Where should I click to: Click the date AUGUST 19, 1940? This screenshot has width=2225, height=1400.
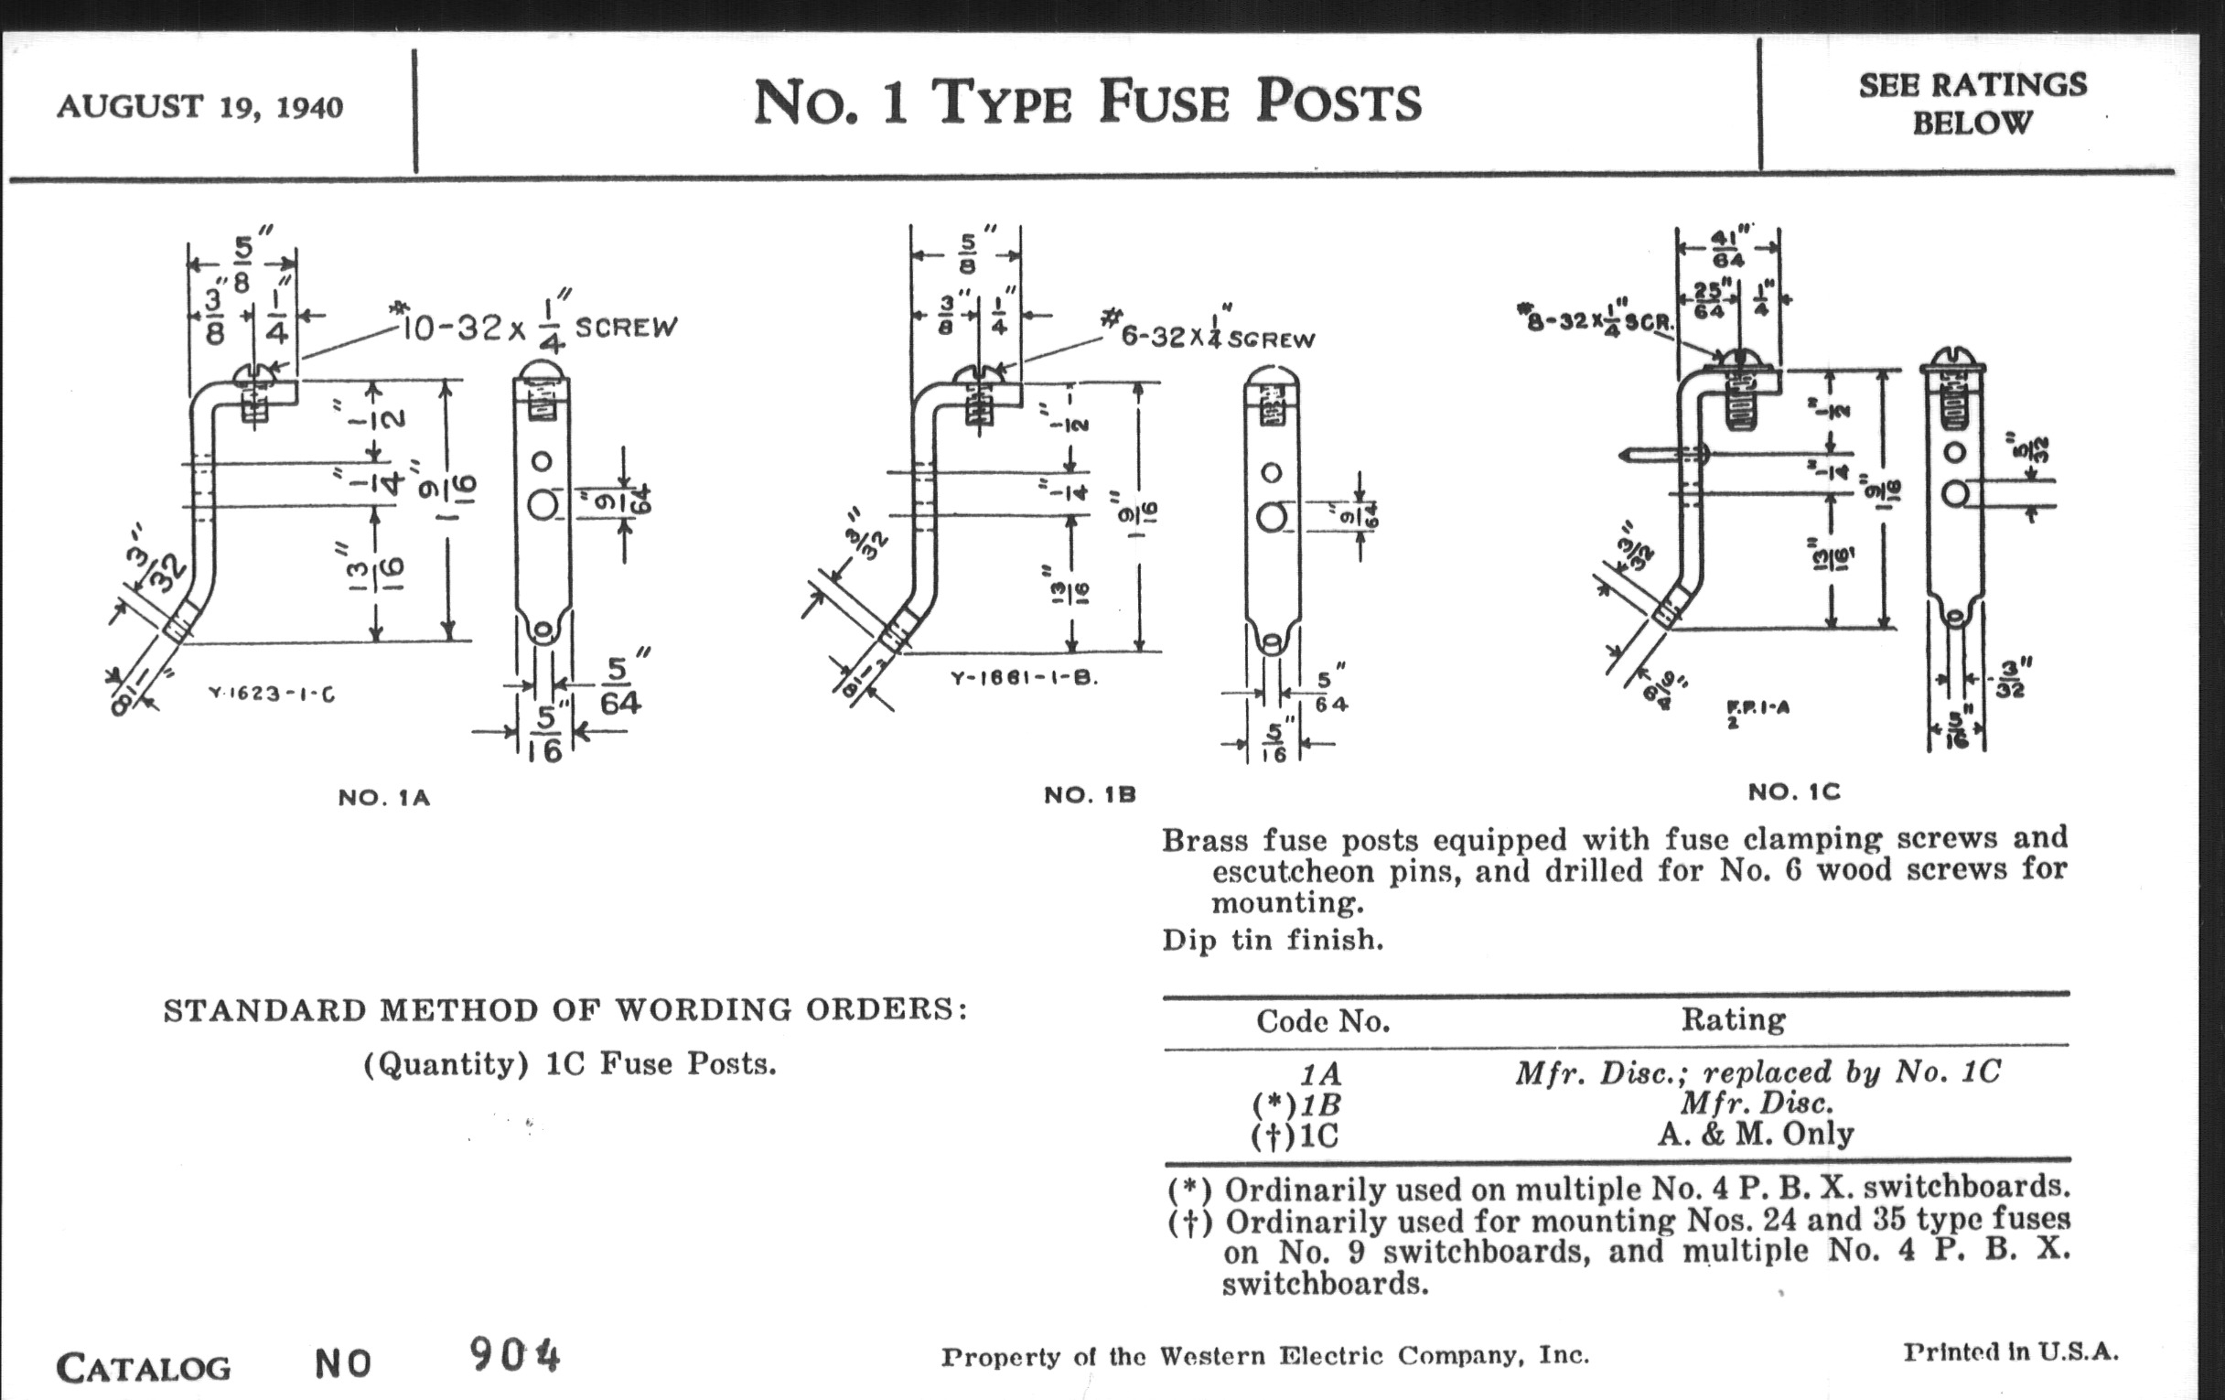pos(199,107)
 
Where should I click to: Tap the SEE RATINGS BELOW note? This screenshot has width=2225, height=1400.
pos(1972,103)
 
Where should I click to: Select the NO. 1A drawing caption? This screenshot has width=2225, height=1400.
pos(383,798)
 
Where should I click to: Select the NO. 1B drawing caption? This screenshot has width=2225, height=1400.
pos(1090,795)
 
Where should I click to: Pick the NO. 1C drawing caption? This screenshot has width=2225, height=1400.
pos(1793,792)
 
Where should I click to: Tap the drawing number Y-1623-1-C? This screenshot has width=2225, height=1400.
pos(272,693)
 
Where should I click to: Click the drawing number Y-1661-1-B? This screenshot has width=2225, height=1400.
pos(1024,678)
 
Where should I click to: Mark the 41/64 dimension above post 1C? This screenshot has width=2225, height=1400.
pos(1727,248)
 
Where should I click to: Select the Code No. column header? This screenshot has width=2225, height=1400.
pos(1322,1021)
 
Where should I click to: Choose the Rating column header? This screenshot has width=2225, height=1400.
pos(1733,1019)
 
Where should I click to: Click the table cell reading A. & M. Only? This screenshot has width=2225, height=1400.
pos(1755,1133)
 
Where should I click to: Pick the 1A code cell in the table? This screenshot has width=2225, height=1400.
pos(1320,1074)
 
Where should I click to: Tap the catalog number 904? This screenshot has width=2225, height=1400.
pos(514,1356)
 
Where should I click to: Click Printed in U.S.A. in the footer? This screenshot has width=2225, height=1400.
pos(2011,1352)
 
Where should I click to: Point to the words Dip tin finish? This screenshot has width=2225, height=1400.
pos(1273,940)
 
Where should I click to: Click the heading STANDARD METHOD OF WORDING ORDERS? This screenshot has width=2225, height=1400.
pos(564,1010)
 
